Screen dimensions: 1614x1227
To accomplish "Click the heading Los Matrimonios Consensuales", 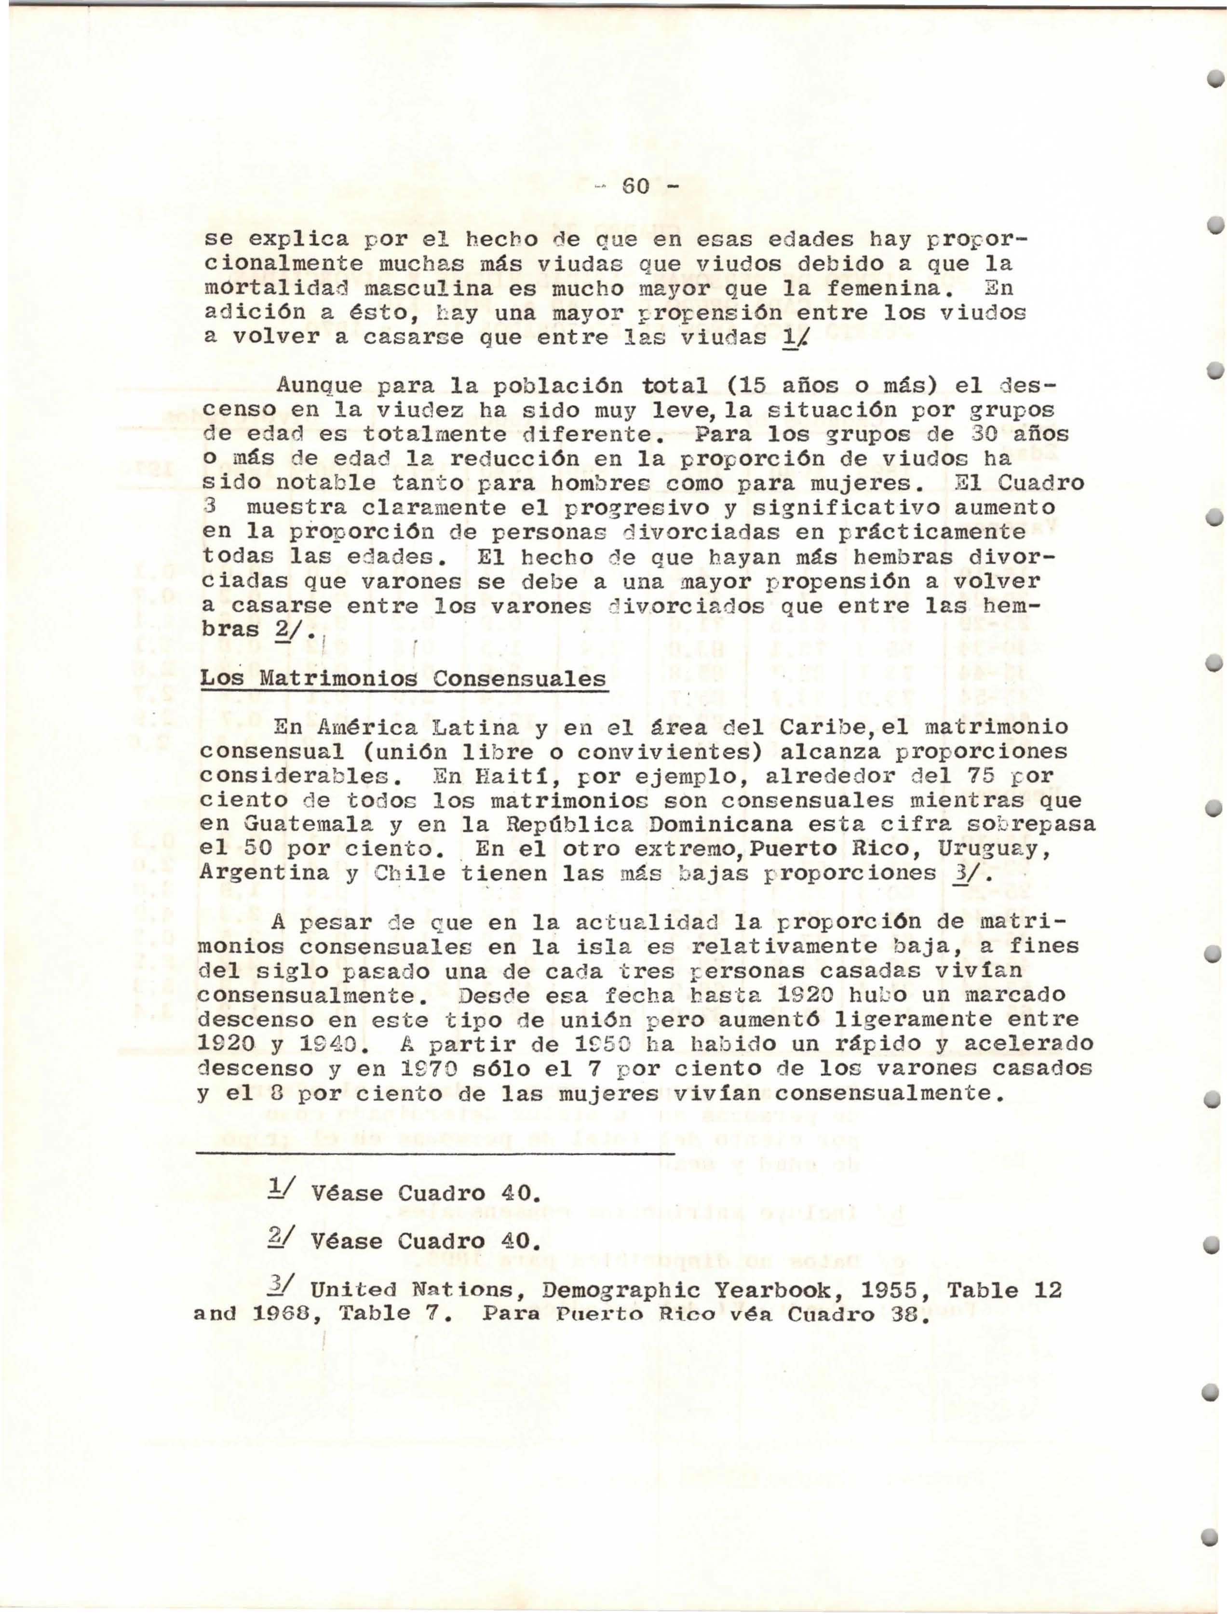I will [x=403, y=678].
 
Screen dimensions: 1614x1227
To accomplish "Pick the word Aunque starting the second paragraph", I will [x=320, y=385].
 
